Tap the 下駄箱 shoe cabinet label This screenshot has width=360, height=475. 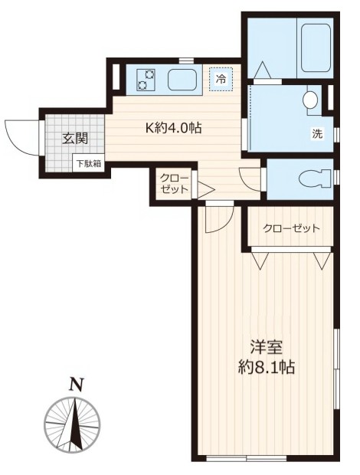88,163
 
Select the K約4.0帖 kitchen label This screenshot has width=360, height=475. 174,129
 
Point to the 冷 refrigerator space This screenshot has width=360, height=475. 221,78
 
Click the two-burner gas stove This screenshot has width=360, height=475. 146,79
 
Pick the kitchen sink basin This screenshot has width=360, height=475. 182,79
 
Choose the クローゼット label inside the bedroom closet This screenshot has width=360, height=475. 290,228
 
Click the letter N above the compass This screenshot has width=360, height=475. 74,385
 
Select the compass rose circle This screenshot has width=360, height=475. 73,424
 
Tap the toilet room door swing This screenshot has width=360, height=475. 250,177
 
